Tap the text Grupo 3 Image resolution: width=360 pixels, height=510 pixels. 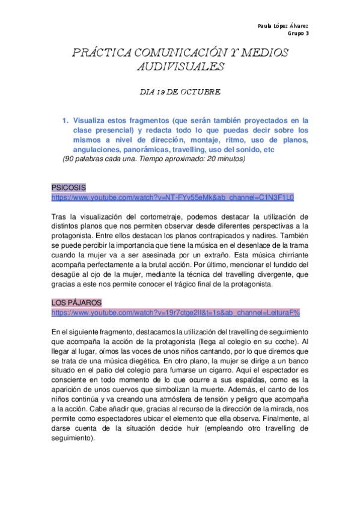click(297, 34)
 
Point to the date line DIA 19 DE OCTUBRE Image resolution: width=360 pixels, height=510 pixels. click(180, 92)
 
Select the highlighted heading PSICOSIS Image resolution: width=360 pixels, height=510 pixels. click(69, 188)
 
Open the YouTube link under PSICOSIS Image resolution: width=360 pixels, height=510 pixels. click(172, 197)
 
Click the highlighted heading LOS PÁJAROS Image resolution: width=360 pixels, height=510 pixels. click(77, 303)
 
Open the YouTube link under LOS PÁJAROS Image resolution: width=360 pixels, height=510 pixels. click(175, 313)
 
